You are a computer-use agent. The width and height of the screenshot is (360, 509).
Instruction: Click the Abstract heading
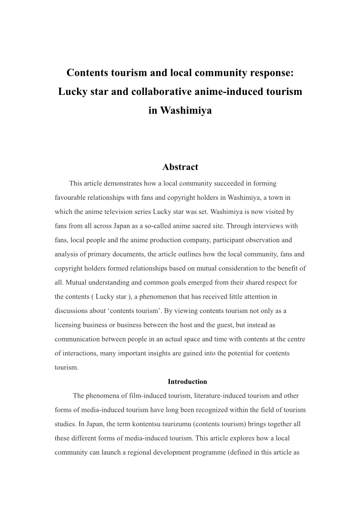(180, 167)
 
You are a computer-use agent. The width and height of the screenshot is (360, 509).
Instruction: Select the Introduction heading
(187, 382)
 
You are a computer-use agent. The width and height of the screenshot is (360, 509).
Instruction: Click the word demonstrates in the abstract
(110, 183)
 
